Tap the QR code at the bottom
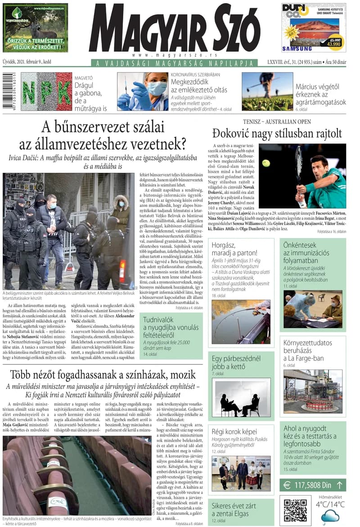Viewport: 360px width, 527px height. (295, 510)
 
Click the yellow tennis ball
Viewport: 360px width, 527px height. (266, 163)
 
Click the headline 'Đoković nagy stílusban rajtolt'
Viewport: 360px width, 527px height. (277, 133)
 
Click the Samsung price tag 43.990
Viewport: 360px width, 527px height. (333, 44)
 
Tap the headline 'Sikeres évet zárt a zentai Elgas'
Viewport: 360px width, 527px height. (234, 509)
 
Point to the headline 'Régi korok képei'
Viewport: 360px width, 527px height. (234, 432)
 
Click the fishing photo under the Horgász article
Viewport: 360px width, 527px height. (241, 321)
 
